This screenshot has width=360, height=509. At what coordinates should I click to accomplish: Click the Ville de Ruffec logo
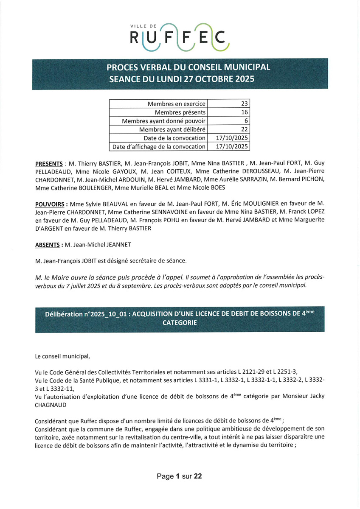180,37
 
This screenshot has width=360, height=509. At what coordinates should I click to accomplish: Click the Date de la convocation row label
175,138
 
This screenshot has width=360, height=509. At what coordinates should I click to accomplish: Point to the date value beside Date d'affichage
232,147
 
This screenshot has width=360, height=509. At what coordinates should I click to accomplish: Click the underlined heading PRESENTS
49,164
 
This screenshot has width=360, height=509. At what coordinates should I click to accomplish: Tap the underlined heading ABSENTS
48,245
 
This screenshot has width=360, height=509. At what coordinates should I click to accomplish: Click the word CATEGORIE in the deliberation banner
180,322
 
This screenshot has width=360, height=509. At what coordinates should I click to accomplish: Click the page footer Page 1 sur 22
179,476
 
